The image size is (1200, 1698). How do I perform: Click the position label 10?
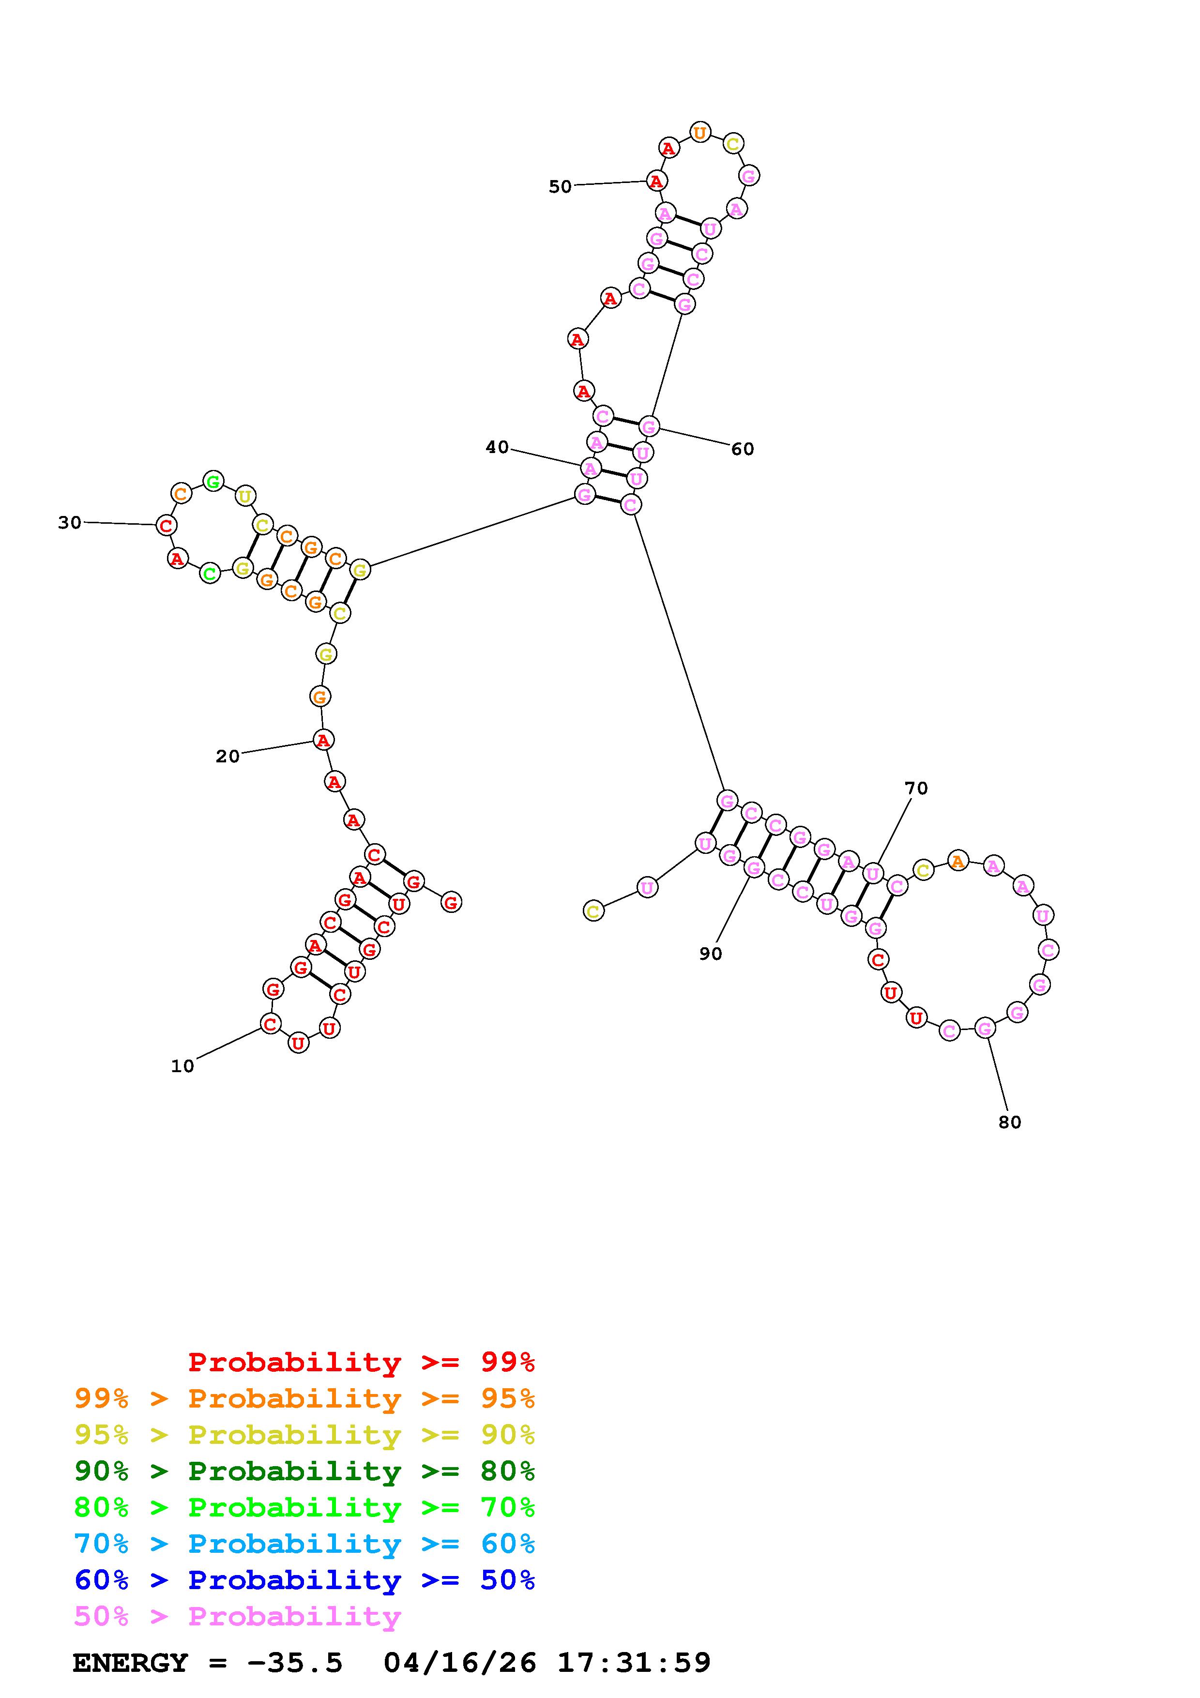pyautogui.click(x=182, y=1066)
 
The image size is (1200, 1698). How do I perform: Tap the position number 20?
pyautogui.click(x=228, y=756)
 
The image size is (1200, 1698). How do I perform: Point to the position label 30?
pyautogui.click(x=70, y=523)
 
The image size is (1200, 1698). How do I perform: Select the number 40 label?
pyautogui.click(x=497, y=447)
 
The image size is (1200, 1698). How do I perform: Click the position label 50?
pyautogui.click(x=560, y=186)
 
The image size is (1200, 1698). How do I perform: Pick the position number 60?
pyautogui.click(x=743, y=449)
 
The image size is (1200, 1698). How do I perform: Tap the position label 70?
pyautogui.click(x=916, y=788)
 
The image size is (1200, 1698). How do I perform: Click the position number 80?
pyautogui.click(x=1009, y=1122)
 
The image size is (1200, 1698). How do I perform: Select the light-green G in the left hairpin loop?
pyautogui.click(x=213, y=482)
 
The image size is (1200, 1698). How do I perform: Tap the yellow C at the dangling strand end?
pyautogui.click(x=593, y=910)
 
